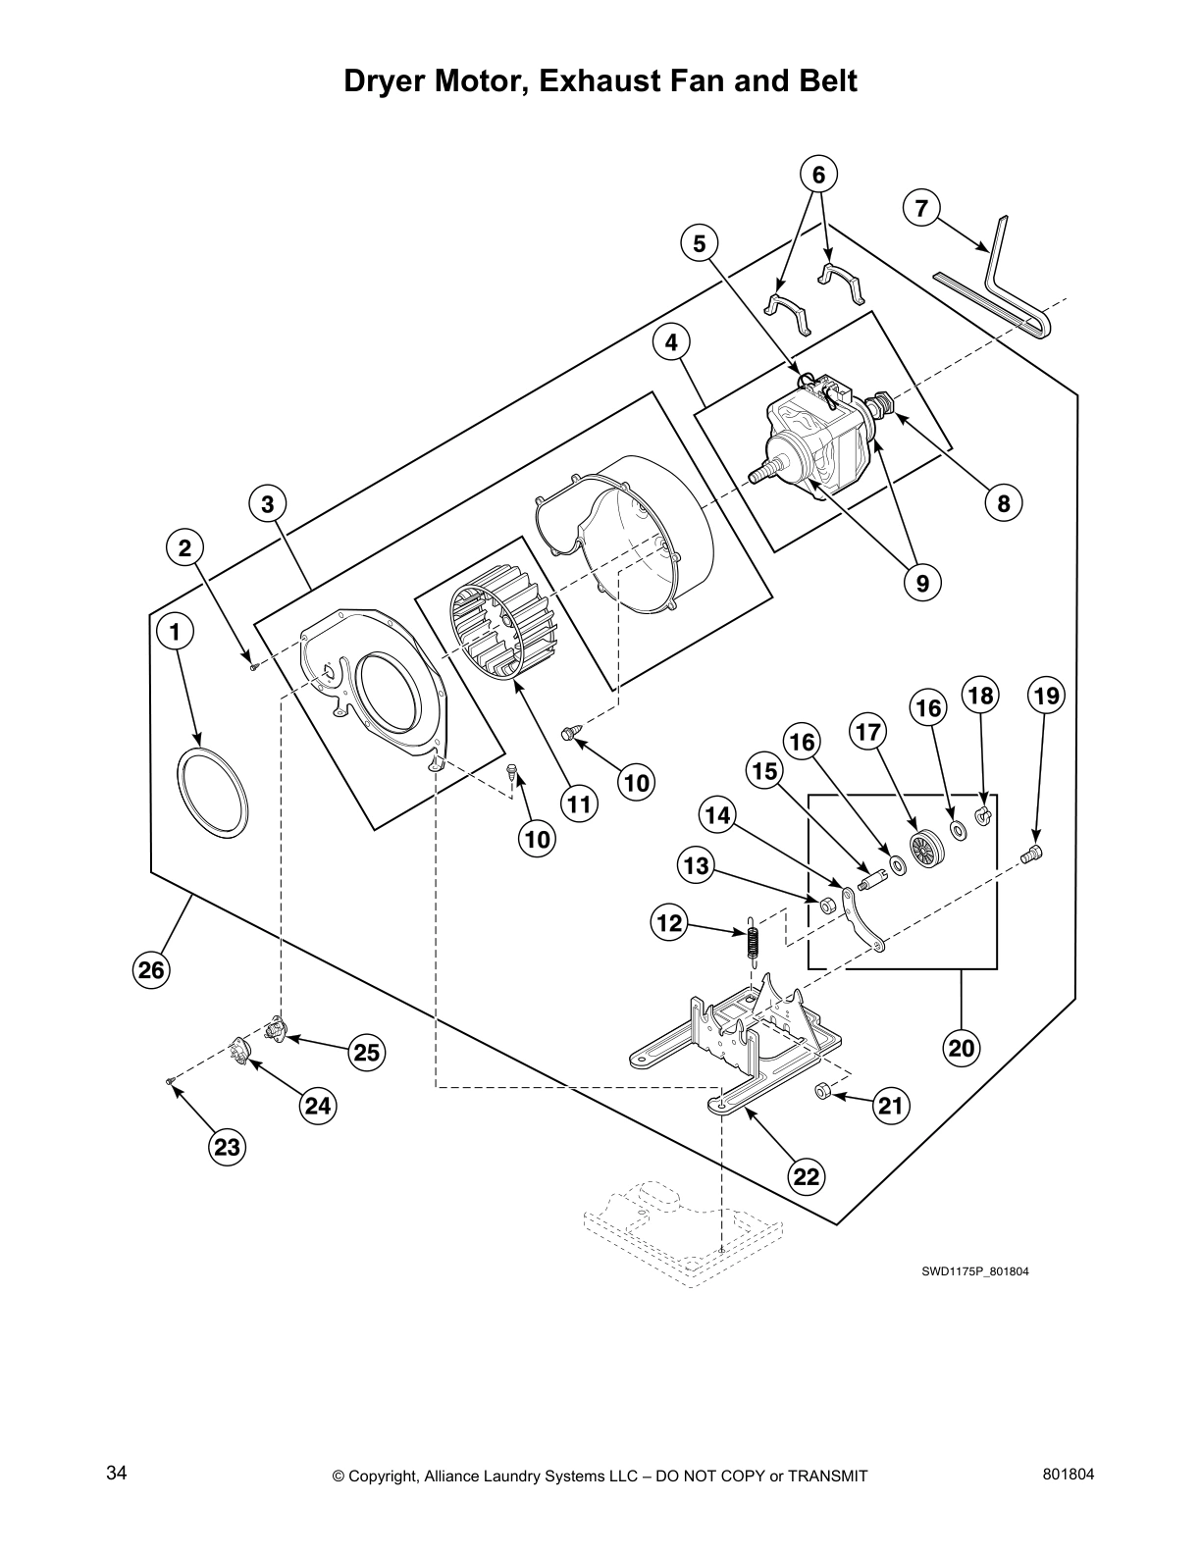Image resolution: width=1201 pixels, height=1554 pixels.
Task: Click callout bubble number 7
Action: (920, 208)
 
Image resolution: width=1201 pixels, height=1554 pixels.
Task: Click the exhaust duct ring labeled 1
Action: (212, 793)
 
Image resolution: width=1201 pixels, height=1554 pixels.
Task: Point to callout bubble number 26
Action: (151, 970)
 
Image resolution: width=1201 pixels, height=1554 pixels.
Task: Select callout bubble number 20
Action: (961, 1048)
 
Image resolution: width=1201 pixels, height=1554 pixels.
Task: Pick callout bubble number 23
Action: (228, 1147)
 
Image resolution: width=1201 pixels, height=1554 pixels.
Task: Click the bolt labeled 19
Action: (1031, 855)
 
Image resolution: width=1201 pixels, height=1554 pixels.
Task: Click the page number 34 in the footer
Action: (116, 1474)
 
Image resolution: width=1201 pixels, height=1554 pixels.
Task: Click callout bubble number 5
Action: (699, 243)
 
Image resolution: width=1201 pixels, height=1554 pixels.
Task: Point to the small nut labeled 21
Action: (824, 1092)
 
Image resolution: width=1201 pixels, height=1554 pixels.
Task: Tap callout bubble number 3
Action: (266, 504)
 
